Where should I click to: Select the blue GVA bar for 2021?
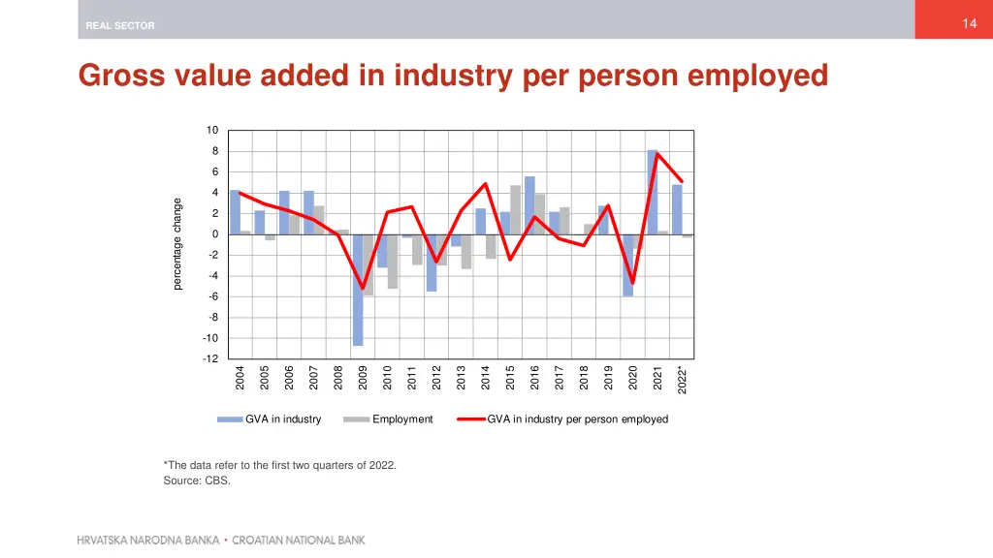(653, 192)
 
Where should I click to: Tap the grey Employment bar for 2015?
(516, 209)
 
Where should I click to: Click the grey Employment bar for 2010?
(393, 261)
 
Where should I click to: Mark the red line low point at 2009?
(363, 288)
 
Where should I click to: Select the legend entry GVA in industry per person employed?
(577, 419)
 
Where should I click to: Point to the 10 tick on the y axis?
(211, 131)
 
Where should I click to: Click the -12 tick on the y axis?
(209, 358)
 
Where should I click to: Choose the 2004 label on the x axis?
(240, 378)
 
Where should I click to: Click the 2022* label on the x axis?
(682, 380)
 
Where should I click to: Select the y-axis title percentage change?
(177, 244)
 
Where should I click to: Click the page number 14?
(969, 24)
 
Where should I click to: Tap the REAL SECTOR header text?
(119, 26)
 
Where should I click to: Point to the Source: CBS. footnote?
(197, 480)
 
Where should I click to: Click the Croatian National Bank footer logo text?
(221, 540)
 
